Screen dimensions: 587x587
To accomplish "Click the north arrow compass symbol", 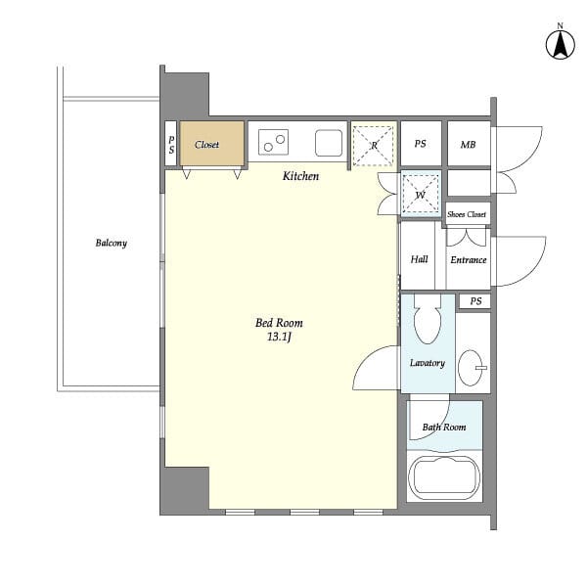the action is click(560, 44).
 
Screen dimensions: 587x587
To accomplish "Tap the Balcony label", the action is click(112, 243).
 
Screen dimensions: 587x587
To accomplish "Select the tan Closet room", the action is click(212, 144).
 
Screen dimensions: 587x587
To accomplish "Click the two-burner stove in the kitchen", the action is click(274, 142).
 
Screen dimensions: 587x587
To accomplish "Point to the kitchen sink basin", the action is click(329, 143).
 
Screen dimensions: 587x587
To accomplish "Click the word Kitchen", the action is click(300, 176).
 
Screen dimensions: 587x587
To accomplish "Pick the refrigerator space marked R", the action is click(374, 146).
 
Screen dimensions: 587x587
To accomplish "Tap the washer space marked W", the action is click(421, 195).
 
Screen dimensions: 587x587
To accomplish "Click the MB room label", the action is click(468, 145).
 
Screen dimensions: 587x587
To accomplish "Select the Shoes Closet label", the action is click(467, 214).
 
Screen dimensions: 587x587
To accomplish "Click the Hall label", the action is click(420, 259).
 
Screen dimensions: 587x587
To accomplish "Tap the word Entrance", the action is click(469, 260).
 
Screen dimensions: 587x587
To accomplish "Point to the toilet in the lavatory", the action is click(428, 319).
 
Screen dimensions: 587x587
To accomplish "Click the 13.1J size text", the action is click(279, 337).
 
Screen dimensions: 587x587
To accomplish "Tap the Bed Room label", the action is click(279, 323).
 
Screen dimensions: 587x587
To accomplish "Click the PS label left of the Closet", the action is click(171, 145).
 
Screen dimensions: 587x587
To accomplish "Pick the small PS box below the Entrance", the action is click(474, 301).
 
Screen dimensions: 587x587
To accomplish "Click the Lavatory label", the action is click(428, 363).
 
